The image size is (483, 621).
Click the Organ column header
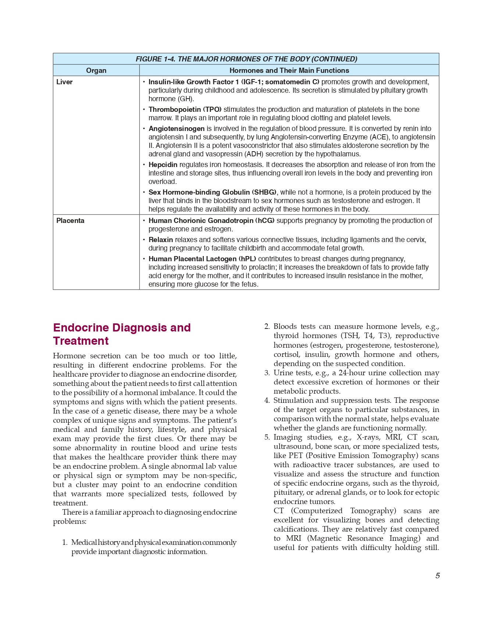tap(96, 70)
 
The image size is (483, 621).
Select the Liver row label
tap(64, 82)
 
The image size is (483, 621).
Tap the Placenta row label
tap(70, 220)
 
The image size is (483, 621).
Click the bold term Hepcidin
tap(163, 164)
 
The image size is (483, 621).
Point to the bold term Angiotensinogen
tap(177, 128)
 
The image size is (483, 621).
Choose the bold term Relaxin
tap(161, 239)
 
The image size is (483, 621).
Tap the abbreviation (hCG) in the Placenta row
tap(265, 220)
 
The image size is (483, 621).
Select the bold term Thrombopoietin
tap(175, 109)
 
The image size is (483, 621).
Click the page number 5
tap(437, 576)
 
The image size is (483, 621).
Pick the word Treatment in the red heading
tap(81, 341)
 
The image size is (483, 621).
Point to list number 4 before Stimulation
tap(267, 400)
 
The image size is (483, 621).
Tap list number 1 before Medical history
tap(65, 542)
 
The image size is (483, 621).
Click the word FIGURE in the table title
tap(149, 59)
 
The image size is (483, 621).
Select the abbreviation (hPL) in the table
tap(247, 259)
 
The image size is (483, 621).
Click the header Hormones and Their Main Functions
tap(289, 70)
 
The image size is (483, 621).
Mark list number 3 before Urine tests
tap(267, 373)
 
